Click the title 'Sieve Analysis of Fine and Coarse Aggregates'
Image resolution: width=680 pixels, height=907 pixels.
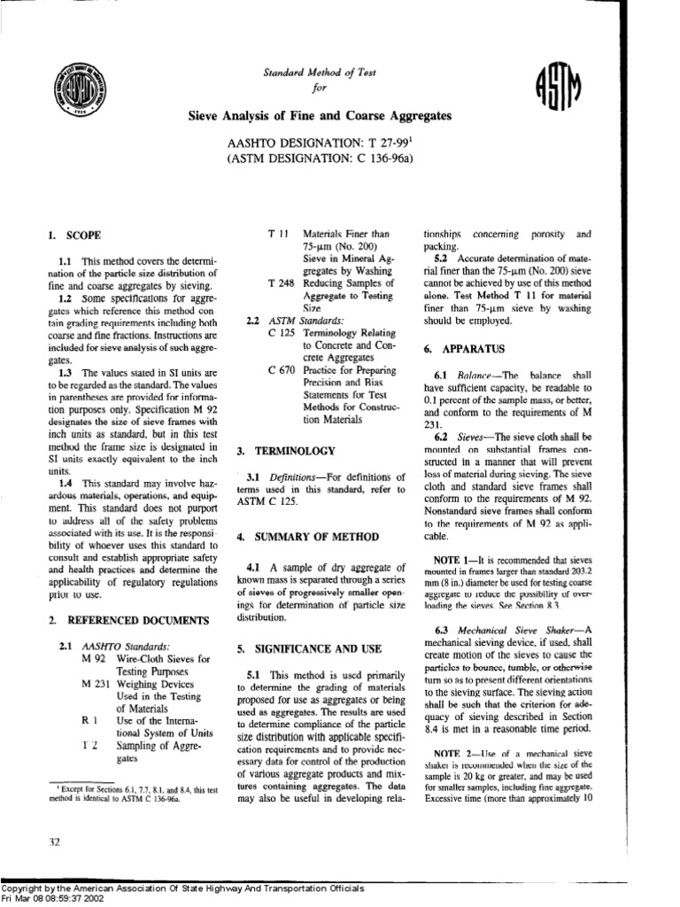(319, 116)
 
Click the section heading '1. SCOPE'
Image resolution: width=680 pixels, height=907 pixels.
(74, 236)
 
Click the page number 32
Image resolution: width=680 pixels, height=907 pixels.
(53, 842)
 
